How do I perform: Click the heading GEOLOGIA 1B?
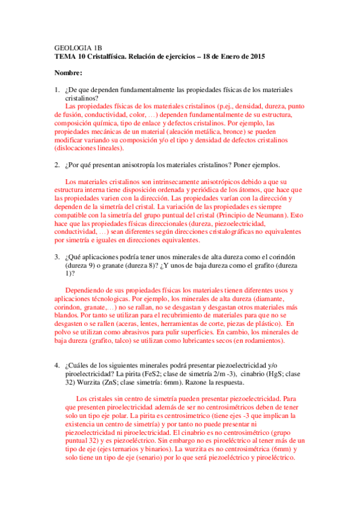pos(75,46)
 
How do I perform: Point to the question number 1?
pos(56,90)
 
